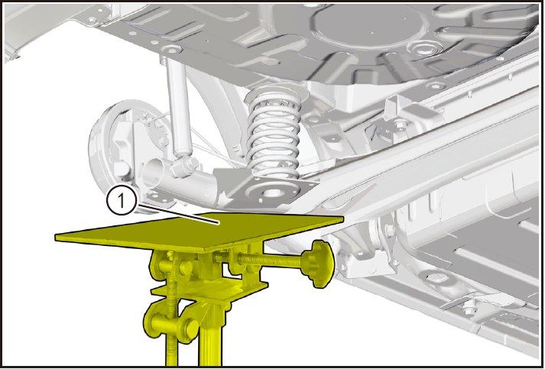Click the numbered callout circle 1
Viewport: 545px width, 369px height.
click(121, 200)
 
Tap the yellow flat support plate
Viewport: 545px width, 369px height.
click(200, 231)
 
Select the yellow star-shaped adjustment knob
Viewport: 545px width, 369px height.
click(317, 264)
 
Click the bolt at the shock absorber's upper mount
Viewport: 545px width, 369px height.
click(171, 50)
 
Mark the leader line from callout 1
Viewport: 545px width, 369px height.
click(178, 215)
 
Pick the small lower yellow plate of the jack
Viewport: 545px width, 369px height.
click(209, 290)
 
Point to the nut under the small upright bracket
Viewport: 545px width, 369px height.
click(401, 124)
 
